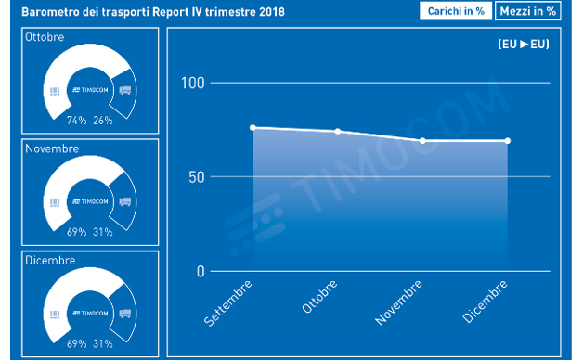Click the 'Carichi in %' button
point(455,11)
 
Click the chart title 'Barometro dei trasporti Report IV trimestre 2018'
point(154,12)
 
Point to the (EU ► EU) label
point(522,44)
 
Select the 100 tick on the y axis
point(192,83)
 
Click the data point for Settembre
point(253,128)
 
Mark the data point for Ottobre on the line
point(338,132)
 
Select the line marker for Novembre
point(423,141)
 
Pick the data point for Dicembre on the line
point(508,141)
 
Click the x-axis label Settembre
point(227,302)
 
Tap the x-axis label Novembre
point(396,302)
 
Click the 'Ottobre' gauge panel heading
point(45,36)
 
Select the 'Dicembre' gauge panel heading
point(50,260)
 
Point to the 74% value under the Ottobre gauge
point(76,120)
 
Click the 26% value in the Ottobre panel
point(102,120)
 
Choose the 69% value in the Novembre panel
point(76,232)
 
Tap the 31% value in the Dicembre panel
point(102,343)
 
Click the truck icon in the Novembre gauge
point(125,201)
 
